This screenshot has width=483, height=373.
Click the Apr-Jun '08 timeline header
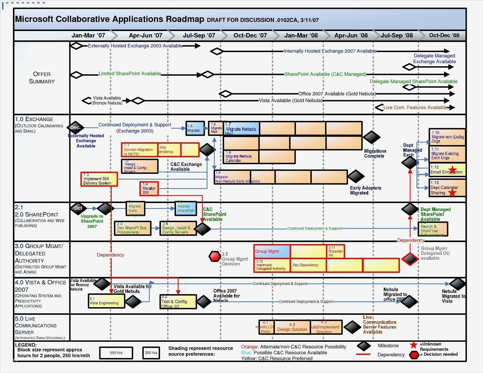click(x=351, y=35)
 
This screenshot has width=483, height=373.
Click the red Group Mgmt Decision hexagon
click(x=215, y=256)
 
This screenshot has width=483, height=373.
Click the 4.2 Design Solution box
click(x=292, y=327)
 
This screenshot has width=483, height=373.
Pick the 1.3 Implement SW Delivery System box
click(x=99, y=179)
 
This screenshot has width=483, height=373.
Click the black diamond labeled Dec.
click(x=76, y=128)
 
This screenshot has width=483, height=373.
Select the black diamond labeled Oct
click(x=78, y=208)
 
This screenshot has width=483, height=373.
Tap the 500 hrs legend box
click(x=116, y=353)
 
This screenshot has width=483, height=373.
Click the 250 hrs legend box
click(x=151, y=353)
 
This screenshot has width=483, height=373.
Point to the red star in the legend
click(x=413, y=345)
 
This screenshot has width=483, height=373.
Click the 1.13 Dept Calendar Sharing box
click(x=447, y=188)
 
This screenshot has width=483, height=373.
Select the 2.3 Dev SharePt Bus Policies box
click(x=133, y=228)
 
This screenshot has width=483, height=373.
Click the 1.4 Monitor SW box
click(x=149, y=189)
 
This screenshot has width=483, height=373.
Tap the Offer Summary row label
click(x=42, y=78)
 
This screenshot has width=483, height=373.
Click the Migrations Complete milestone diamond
click(x=371, y=137)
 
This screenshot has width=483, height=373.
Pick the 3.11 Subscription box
click(x=335, y=251)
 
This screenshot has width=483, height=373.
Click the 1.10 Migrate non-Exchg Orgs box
click(x=447, y=137)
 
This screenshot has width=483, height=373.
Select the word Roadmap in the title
click(x=185, y=19)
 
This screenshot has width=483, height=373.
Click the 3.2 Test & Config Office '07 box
click(x=178, y=302)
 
